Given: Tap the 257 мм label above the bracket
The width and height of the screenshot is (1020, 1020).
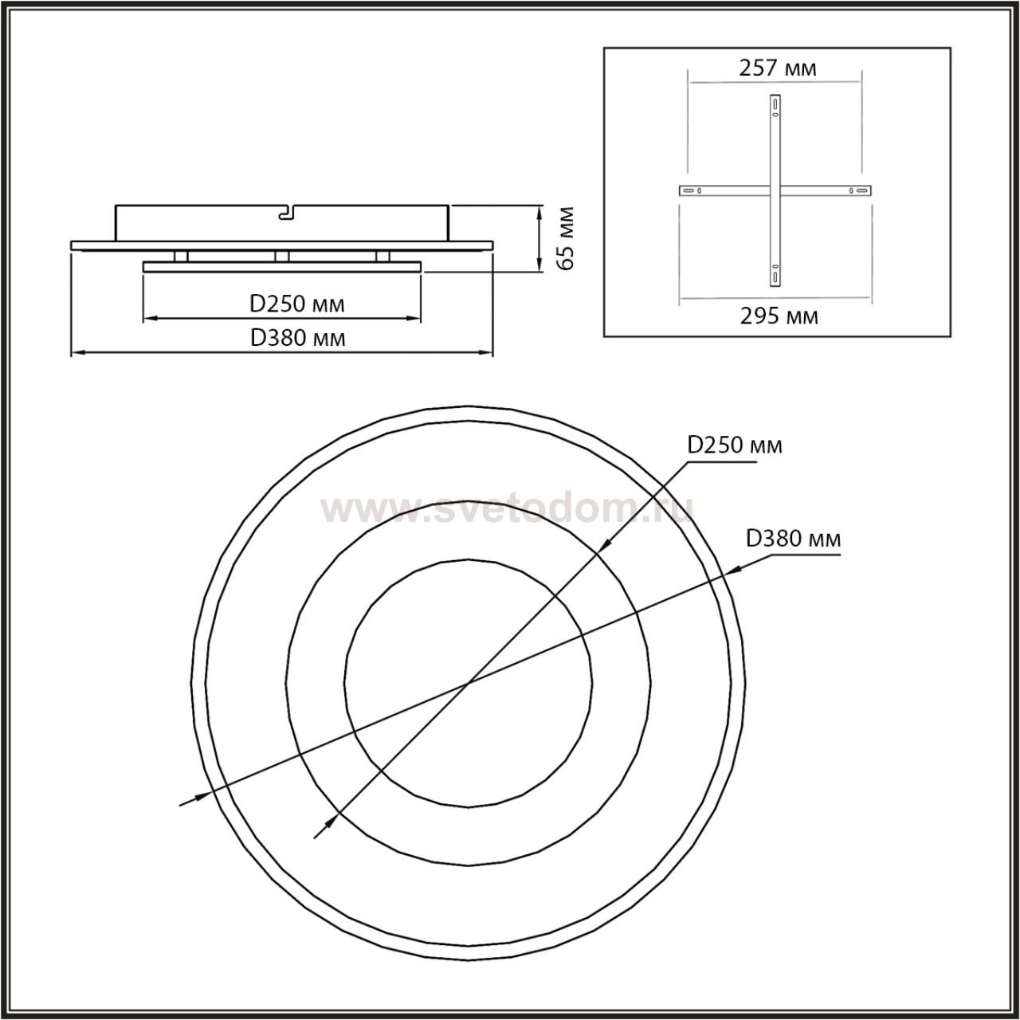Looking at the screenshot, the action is (778, 69).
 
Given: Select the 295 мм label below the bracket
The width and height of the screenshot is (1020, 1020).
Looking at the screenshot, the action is (779, 316).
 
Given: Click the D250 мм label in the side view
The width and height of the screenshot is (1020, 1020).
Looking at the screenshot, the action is (297, 304).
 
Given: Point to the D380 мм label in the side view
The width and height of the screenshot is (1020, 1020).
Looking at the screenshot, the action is (297, 338).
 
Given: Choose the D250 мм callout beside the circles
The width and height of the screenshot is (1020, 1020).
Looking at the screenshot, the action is (734, 445).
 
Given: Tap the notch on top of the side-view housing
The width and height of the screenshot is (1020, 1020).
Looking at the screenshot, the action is (286, 212).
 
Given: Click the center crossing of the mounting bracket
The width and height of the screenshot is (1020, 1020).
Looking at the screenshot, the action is (775, 190).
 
